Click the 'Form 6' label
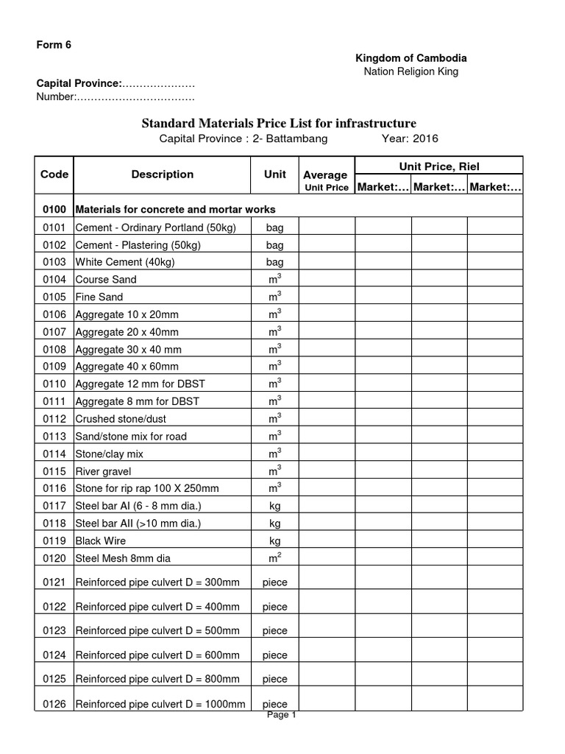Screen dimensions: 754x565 coord(54,44)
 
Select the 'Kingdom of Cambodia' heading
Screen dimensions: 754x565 coord(411,57)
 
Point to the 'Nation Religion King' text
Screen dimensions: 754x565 coord(411,71)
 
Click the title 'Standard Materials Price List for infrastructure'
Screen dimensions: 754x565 coord(279,123)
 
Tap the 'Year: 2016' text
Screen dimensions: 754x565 coord(409,138)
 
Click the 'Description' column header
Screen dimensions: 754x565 coord(163,175)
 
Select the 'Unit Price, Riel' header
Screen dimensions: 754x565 coord(438,167)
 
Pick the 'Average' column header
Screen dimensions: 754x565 coord(325,175)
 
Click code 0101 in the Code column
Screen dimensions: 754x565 coord(54,228)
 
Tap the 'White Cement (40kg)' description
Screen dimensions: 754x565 coord(125,262)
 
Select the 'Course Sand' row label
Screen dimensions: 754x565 coord(106,280)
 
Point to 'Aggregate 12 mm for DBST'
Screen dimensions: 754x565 coord(138,384)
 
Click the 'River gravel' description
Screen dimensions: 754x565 coord(104,471)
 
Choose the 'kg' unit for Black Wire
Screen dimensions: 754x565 coord(274,540)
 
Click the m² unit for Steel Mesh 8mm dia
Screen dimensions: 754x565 coord(274,557)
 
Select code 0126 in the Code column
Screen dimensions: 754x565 coord(54,704)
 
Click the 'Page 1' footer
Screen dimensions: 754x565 coord(282,714)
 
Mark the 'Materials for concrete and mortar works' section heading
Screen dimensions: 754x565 coord(176,210)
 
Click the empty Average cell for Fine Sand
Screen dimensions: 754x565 coord(326,297)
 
